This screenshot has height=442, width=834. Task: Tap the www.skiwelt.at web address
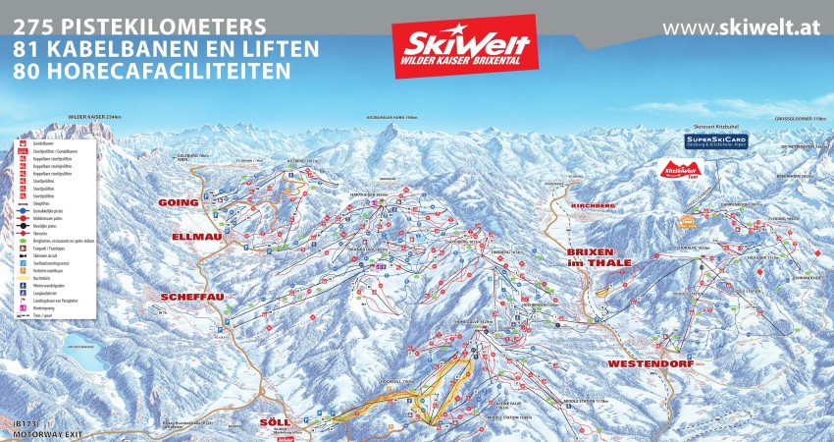(x=739, y=28)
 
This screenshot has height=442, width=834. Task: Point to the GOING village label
(x=180, y=202)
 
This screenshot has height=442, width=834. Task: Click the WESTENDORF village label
(x=651, y=363)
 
